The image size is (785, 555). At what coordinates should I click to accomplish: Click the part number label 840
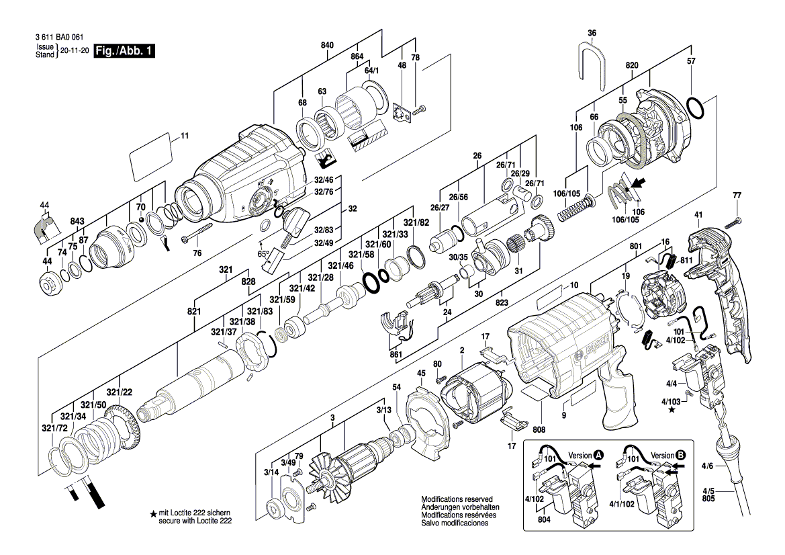pos(327,45)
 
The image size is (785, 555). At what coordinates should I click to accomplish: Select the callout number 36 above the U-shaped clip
pos(592,33)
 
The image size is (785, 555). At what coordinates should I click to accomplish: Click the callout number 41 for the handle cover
pos(698,215)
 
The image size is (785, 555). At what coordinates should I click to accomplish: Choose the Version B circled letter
pos(681,455)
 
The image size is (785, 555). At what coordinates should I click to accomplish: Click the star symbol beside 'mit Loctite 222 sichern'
pos(154,514)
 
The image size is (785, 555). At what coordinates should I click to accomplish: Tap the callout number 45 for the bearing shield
pos(421,374)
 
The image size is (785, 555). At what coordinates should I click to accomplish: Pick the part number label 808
pos(539,429)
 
